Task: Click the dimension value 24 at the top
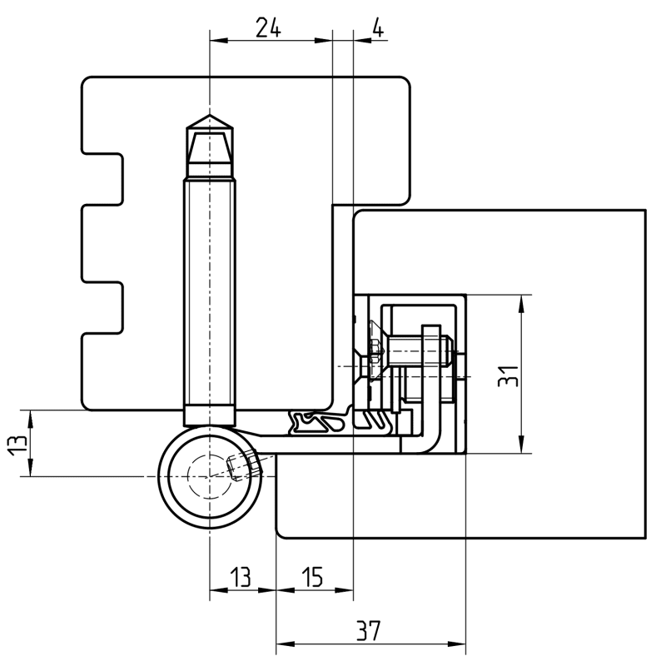click(x=267, y=27)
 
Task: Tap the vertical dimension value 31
click(x=509, y=375)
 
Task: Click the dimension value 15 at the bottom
click(x=311, y=577)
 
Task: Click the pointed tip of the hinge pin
click(x=210, y=117)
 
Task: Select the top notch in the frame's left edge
click(x=103, y=178)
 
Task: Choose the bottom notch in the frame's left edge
click(x=103, y=307)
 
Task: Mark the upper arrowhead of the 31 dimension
click(x=522, y=301)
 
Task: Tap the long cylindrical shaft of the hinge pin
click(x=210, y=291)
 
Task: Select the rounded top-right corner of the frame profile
click(x=405, y=84)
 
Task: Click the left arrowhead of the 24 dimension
click(x=216, y=40)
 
